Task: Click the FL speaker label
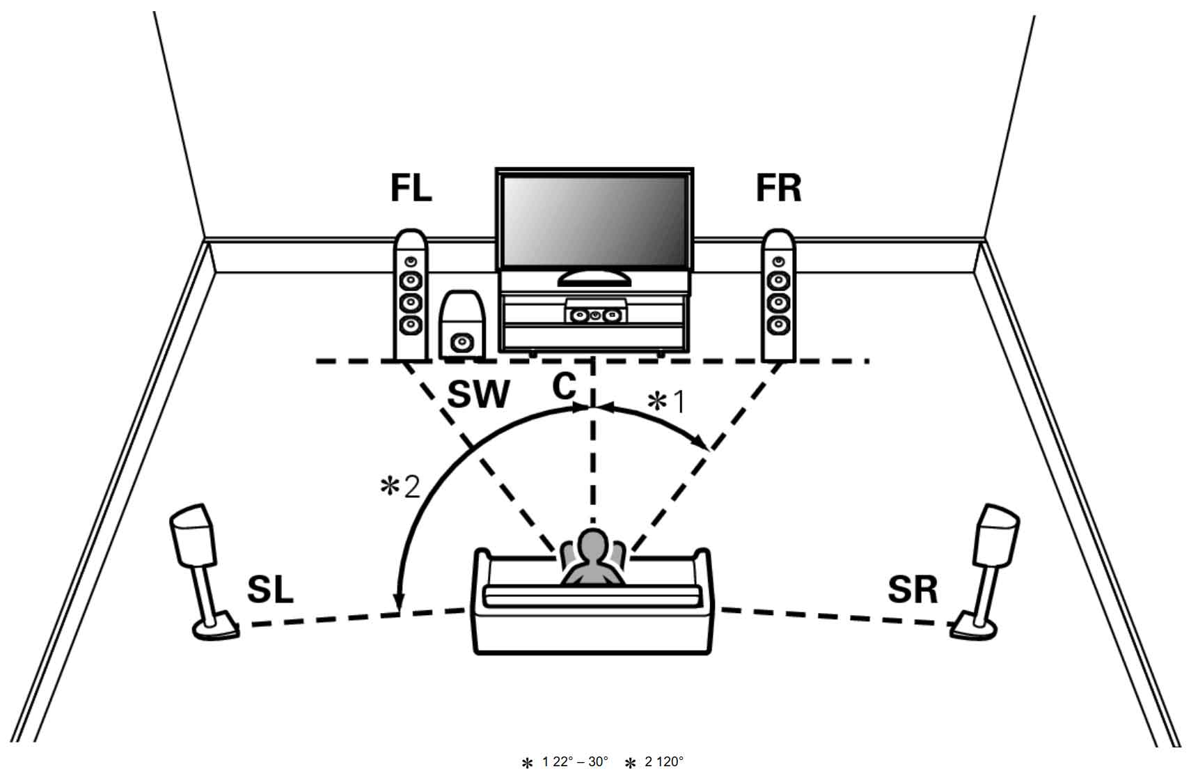tap(411, 188)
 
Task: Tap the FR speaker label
tap(778, 188)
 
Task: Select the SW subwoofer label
tap(478, 394)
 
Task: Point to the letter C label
tap(564, 386)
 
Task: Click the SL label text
tap(270, 590)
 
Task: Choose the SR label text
tap(913, 590)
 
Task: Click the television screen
tap(594, 220)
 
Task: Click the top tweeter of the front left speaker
tap(411, 262)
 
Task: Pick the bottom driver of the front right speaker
tap(778, 324)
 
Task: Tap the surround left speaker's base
tap(215, 628)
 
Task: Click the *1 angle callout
tap(666, 402)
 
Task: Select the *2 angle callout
tap(400, 486)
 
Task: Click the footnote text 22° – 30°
tap(575, 761)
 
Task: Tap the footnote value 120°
tap(670, 761)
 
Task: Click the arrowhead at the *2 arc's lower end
tap(397, 601)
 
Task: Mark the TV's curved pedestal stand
tap(594, 279)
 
